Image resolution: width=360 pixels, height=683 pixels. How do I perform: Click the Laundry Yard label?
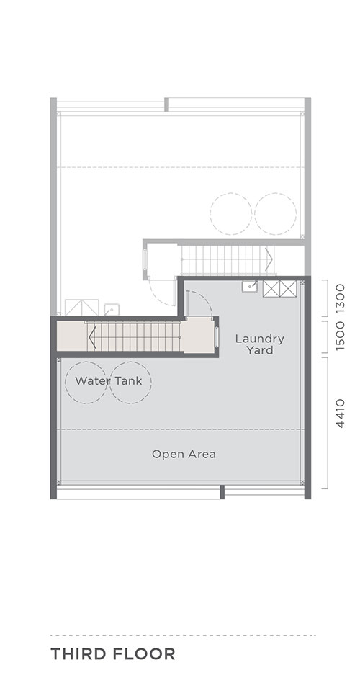pyautogui.click(x=259, y=344)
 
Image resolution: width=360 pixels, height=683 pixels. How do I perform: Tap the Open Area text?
pyautogui.click(x=184, y=455)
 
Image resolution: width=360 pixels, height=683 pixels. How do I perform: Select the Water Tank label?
pyautogui.click(x=109, y=380)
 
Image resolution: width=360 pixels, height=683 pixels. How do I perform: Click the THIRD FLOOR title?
pyautogui.click(x=113, y=653)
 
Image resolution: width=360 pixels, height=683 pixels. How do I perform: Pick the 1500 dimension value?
pyautogui.click(x=341, y=336)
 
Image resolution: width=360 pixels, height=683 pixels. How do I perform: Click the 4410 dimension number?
pyautogui.click(x=341, y=414)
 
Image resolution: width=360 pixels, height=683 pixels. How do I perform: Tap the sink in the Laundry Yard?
pyautogui.click(x=250, y=287)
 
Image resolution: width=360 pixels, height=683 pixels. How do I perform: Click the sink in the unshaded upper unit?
pyautogui.click(x=112, y=310)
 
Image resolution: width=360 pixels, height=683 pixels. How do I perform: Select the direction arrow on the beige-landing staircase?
pyautogui.click(x=92, y=336)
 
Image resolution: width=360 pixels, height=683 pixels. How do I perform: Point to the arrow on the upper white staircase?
pyautogui.click(x=269, y=259)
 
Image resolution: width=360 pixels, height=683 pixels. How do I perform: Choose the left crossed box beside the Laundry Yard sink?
pyautogui.click(x=271, y=289)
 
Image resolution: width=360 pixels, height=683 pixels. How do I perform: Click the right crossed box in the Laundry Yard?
pyautogui.click(x=288, y=289)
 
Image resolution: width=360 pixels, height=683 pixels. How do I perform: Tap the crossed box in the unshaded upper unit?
pyautogui.click(x=81, y=308)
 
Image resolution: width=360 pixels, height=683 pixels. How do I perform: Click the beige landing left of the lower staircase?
pyautogui.click(x=72, y=336)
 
